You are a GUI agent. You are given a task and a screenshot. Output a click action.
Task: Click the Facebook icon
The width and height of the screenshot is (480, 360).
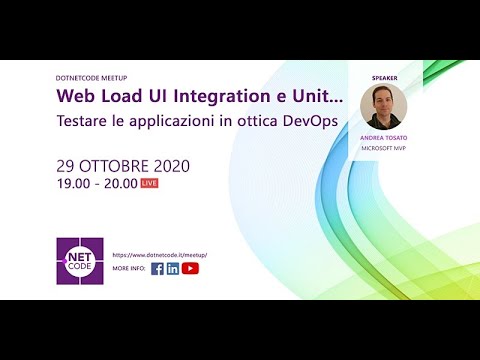[157, 268]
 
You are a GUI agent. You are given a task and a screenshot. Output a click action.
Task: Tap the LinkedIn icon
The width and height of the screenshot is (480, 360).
[173, 268]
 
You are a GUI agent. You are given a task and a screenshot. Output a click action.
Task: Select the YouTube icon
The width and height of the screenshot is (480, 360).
[190, 268]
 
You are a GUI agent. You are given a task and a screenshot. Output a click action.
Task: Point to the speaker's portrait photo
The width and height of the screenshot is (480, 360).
[383, 107]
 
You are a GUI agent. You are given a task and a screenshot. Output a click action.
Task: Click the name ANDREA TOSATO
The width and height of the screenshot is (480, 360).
[383, 138]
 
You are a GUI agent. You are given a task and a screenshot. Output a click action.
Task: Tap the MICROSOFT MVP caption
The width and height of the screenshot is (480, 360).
[383, 148]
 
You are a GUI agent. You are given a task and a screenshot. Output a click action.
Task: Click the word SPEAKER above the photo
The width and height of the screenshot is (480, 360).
[384, 76]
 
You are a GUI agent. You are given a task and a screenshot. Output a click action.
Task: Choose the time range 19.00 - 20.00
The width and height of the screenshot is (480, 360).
[96, 184]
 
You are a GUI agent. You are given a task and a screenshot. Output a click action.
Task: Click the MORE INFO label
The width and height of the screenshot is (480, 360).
[129, 269]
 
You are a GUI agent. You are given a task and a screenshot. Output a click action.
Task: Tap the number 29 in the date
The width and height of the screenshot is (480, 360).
[68, 166]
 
